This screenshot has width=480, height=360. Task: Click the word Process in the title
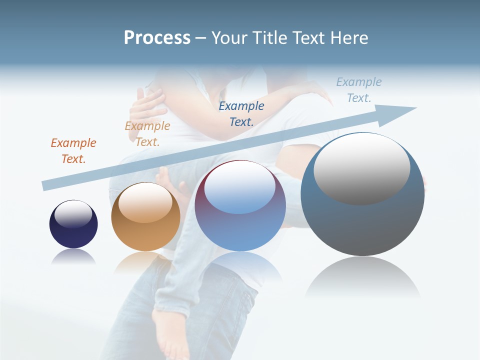157,38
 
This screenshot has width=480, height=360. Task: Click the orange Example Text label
73,151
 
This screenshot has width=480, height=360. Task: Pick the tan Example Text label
147,134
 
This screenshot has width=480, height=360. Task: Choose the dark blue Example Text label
241,113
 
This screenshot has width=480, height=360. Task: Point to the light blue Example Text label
359,90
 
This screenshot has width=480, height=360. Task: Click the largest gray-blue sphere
362,220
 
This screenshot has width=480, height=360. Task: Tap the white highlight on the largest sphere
362,167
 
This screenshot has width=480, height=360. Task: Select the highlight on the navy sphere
73,214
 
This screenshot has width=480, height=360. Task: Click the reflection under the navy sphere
73,257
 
